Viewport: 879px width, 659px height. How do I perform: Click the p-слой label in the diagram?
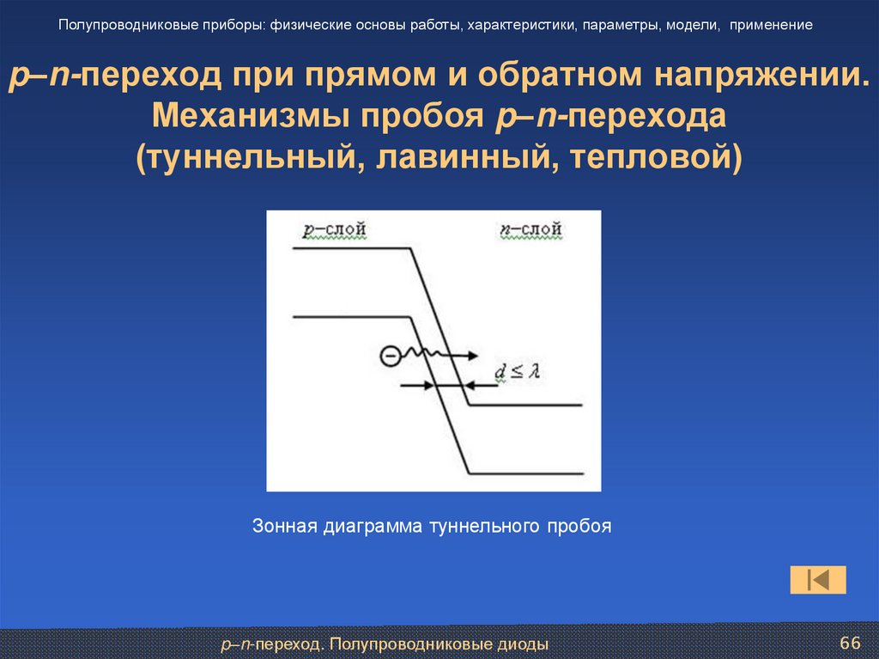334,229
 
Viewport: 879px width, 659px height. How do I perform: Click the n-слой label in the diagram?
530,229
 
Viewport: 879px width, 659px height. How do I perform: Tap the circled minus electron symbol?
390,354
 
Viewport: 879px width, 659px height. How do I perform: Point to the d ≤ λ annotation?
516,371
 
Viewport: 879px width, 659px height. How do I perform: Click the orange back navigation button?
817,580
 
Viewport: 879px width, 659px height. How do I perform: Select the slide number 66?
849,644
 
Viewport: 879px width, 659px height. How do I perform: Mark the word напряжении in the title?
764,76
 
